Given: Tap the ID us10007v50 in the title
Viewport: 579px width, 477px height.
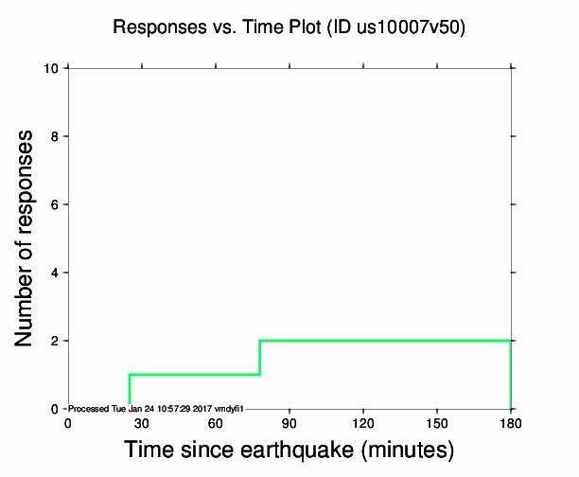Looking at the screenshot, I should pyautogui.click(x=396, y=27).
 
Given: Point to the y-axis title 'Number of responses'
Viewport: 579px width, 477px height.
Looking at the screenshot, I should pyautogui.click(x=28, y=238).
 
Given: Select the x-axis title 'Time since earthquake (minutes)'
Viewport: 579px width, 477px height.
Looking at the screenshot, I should pyautogui.click(x=289, y=448).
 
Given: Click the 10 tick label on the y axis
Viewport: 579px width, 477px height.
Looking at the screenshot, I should pyautogui.click(x=51, y=68).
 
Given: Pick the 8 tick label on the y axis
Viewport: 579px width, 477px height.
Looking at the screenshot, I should pyautogui.click(x=55, y=136).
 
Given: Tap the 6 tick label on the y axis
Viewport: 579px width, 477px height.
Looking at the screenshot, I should pyautogui.click(x=55, y=204).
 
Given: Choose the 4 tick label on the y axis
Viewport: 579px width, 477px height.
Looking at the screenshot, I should pyautogui.click(x=55, y=273).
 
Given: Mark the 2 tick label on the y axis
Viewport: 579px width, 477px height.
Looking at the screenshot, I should pyautogui.click(x=55, y=341).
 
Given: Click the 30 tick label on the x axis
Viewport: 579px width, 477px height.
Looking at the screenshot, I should pyautogui.click(x=142, y=423).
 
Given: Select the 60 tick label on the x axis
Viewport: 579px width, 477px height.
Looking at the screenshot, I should pyautogui.click(x=216, y=423).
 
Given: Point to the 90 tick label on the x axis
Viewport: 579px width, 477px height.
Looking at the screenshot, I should pyautogui.click(x=289, y=423).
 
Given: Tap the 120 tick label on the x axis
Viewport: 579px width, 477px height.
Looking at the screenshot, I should pyautogui.click(x=363, y=423).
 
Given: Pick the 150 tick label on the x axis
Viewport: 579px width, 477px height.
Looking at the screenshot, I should pyautogui.click(x=437, y=423).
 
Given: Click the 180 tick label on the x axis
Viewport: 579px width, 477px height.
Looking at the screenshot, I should pyautogui.click(x=511, y=423).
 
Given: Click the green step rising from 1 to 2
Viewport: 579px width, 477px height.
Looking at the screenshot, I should pyautogui.click(x=259, y=358).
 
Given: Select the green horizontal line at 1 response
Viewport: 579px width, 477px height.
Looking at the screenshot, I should pyautogui.click(x=194, y=375).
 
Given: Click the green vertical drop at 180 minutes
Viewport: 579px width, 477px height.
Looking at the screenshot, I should pyautogui.click(x=511, y=375).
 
